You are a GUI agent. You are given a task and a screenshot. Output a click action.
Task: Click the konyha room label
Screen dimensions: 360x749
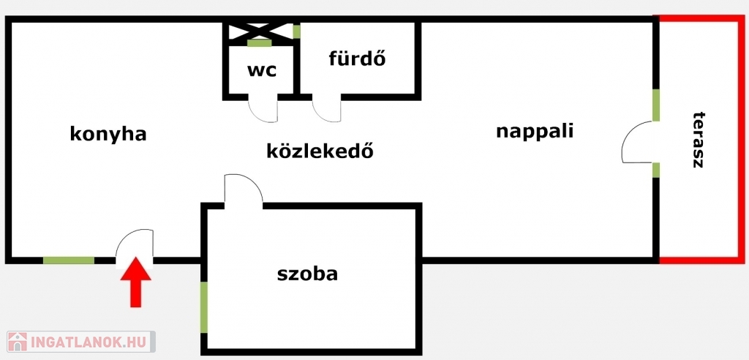coord(108,134)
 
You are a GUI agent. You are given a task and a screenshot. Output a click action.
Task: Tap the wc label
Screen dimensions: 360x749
coord(260,71)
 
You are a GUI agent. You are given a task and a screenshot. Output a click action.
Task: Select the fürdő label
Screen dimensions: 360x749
coord(357,58)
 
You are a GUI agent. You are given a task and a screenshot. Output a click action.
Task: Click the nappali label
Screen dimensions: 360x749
coord(534,132)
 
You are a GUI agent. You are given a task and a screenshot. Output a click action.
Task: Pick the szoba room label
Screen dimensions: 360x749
coord(307,274)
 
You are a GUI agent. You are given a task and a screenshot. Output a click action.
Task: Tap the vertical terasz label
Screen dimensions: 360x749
coord(698,140)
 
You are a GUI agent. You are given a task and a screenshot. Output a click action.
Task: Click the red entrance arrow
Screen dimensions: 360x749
coord(135,282)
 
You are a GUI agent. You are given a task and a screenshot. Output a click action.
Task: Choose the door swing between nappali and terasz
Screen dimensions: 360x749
coord(639,143)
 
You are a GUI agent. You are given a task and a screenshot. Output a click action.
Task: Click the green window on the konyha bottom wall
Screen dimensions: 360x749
coord(69,260)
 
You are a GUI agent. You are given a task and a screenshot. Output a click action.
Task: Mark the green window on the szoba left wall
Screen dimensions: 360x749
coord(205,307)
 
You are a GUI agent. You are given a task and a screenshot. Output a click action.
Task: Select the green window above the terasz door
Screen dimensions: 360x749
coord(656,105)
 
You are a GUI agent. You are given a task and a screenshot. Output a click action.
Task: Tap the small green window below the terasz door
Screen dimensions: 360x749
coord(656,170)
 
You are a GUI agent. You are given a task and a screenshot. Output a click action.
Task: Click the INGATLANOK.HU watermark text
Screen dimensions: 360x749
coord(90,341)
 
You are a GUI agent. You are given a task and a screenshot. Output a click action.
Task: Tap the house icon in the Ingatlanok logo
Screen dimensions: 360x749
coord(18,341)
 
